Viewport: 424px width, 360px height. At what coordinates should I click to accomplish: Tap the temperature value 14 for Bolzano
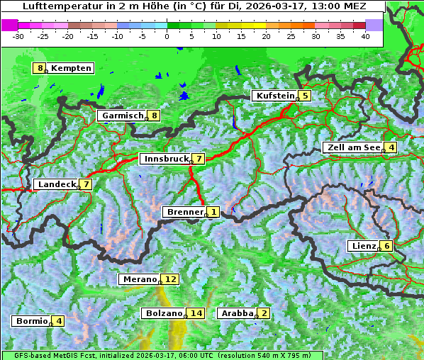click(196, 313)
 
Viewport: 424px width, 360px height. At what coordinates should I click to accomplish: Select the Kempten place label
click(71, 68)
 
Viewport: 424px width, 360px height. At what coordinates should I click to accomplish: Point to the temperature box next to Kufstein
click(305, 96)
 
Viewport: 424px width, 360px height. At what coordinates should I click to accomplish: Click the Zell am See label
click(352, 147)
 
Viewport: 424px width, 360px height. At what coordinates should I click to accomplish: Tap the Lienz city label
click(363, 246)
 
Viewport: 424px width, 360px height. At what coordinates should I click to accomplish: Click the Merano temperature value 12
click(170, 279)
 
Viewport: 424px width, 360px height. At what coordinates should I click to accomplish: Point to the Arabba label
click(238, 313)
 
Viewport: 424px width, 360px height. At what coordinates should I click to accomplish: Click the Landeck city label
click(57, 184)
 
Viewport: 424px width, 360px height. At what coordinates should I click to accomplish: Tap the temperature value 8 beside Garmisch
click(154, 116)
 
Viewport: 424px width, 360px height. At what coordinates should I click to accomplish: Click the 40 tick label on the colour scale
click(365, 35)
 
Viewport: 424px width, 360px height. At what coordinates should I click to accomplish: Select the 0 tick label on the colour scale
click(167, 35)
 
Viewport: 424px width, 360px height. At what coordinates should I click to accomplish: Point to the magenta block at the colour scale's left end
click(9, 25)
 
